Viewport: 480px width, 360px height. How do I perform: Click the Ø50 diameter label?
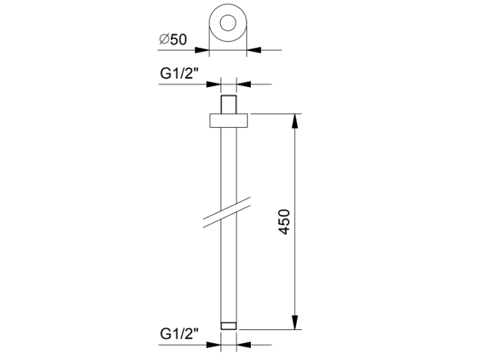(173, 40)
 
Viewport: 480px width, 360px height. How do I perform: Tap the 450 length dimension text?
(285, 222)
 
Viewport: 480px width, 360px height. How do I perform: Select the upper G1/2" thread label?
(179, 74)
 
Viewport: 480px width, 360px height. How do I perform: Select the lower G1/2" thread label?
(179, 333)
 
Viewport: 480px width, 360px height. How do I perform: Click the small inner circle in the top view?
(228, 23)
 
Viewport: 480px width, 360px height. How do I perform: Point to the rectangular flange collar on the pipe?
(228, 120)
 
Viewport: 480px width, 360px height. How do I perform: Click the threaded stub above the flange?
(228, 104)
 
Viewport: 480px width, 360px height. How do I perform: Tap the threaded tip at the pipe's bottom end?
(228, 325)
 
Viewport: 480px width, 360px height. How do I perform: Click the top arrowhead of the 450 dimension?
(295, 120)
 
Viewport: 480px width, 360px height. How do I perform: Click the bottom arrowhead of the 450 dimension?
(295, 323)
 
